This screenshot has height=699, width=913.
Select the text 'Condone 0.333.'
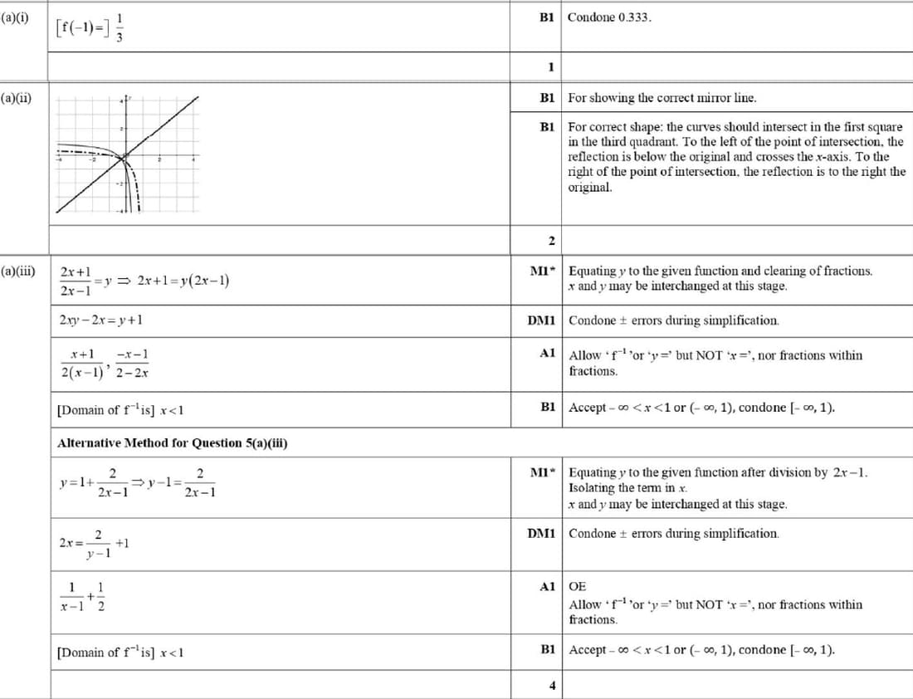point(609,17)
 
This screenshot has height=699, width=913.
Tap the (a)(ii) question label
point(17,98)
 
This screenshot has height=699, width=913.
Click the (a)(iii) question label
point(18,271)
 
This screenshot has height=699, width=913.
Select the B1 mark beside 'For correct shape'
point(546,127)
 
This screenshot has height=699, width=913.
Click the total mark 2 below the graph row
point(551,241)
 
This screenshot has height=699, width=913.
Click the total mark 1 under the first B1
point(551,66)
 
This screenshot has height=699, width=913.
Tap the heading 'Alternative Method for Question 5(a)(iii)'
point(173,442)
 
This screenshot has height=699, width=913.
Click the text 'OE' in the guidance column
point(577,586)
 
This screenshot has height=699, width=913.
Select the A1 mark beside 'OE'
point(546,586)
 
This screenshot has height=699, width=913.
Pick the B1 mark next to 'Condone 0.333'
point(546,17)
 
